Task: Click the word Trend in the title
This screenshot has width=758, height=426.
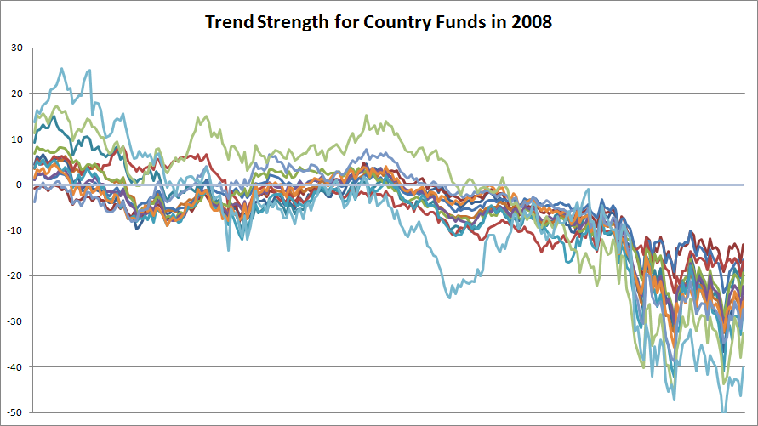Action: click(x=228, y=22)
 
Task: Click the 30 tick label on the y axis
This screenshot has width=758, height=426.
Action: click(x=16, y=48)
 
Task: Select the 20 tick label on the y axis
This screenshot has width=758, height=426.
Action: click(x=16, y=94)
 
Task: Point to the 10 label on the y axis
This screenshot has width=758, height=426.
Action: click(x=16, y=139)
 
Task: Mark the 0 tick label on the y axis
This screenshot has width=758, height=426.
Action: click(x=19, y=185)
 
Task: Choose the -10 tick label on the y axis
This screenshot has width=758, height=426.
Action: click(x=14, y=230)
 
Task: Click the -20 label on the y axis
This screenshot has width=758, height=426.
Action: click(x=14, y=275)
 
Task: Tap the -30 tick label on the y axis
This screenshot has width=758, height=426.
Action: click(x=14, y=321)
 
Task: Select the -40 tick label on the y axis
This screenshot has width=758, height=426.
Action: click(x=14, y=366)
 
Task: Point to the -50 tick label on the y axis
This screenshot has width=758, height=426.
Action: click(x=14, y=412)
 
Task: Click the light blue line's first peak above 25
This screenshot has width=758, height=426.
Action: click(x=61, y=69)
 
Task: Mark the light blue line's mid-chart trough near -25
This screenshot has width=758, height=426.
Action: click(x=449, y=296)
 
